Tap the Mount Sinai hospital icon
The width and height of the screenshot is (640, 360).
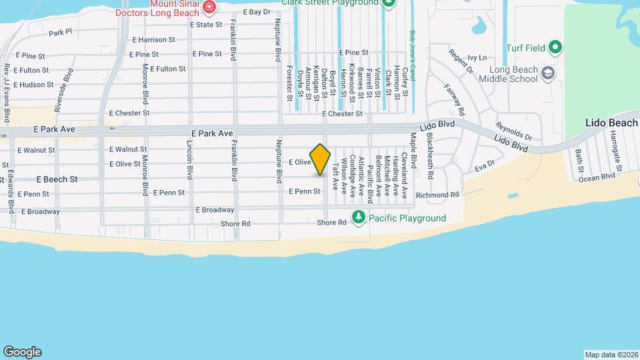point(209,7)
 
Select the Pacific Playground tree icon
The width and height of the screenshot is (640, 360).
point(359,218)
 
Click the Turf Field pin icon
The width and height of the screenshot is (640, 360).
point(555,47)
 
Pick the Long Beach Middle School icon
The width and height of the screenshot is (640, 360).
point(547,73)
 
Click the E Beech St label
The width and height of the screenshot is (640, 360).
point(57,179)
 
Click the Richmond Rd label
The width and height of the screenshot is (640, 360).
point(437,195)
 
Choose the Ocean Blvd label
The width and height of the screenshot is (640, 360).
point(596,177)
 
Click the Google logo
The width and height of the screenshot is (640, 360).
point(22,352)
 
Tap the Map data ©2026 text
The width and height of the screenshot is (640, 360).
point(611,354)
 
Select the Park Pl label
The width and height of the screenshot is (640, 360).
point(60,32)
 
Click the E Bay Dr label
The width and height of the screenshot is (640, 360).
point(257,12)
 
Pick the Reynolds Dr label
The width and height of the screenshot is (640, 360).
point(513,130)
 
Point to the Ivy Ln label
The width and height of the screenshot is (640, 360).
point(477,58)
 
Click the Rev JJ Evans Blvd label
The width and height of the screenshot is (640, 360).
point(7,93)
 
